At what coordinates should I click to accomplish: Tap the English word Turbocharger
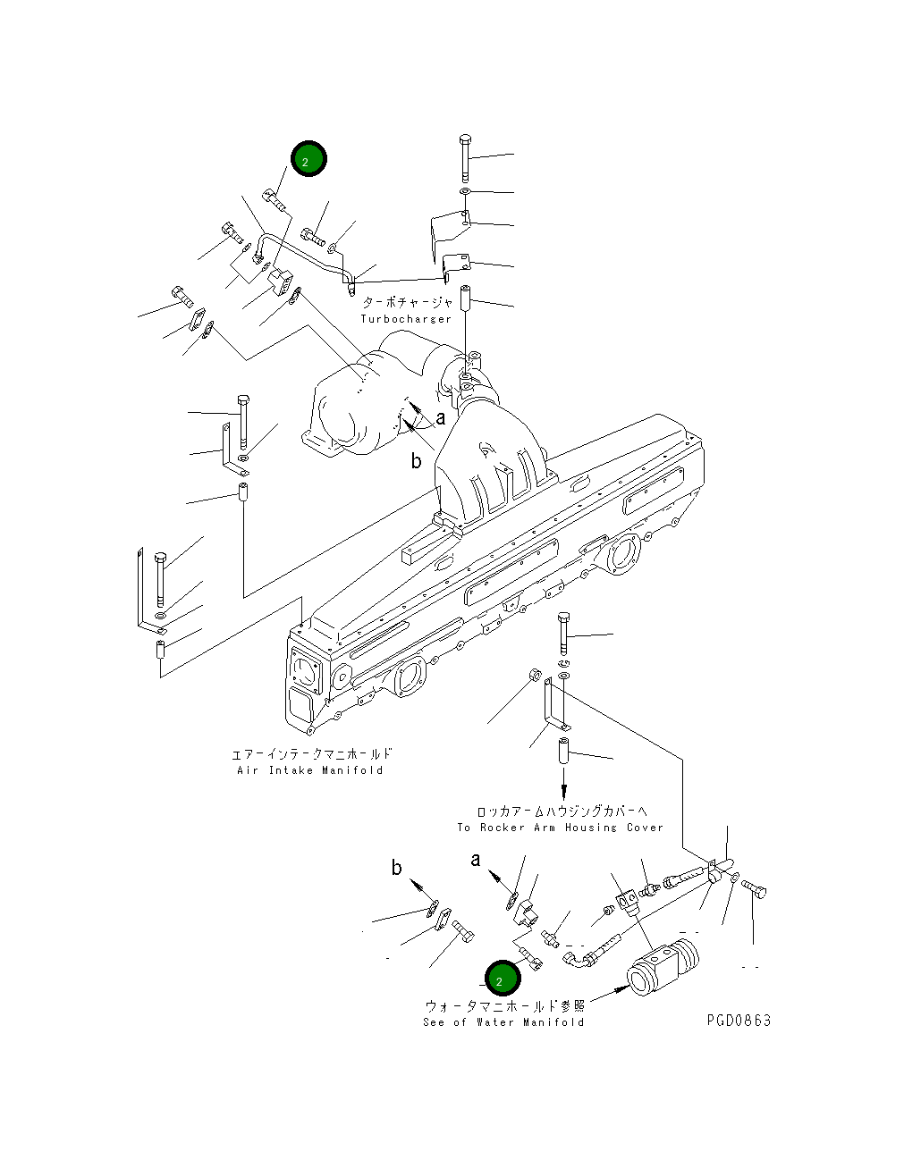tap(406, 319)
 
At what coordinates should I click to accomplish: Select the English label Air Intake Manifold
tap(309, 770)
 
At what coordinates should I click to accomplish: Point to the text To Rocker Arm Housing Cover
tap(560, 828)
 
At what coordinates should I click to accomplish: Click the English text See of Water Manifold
tap(503, 1022)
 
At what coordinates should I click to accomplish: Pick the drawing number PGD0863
tap(738, 1021)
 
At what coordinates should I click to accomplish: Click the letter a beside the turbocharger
tap(440, 417)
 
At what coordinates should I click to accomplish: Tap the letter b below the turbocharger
tap(416, 461)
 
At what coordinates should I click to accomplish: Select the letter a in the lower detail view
tap(476, 860)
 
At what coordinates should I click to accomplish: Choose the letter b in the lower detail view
tap(396, 868)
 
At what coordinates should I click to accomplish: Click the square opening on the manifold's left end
tap(303, 671)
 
